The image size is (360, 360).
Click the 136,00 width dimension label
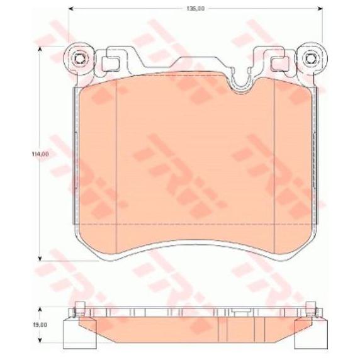pos(195,8)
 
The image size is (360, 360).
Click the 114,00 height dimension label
pos(40,154)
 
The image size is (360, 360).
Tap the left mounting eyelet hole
pos(79,59)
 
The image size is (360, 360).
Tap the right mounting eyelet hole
pos(310,59)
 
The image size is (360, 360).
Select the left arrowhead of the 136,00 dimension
pos(71,8)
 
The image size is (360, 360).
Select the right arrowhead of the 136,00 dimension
pos(320,8)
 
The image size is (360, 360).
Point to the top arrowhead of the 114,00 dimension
pos(40,49)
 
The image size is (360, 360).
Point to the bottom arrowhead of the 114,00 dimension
pos(40,259)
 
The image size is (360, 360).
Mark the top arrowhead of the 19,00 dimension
pos(40,309)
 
